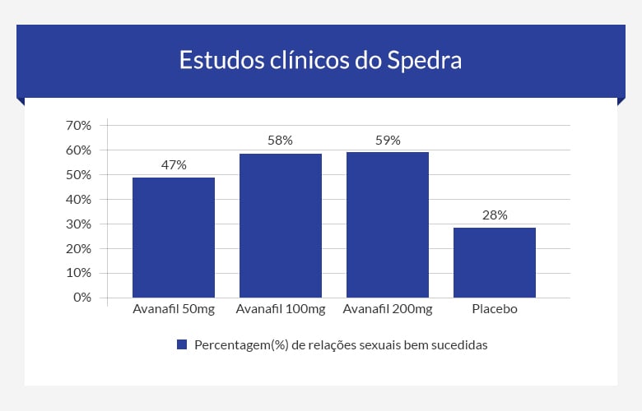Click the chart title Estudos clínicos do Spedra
click(321, 61)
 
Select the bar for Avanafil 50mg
click(174, 238)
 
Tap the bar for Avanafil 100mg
click(281, 225)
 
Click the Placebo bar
click(495, 262)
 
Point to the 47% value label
click(174, 164)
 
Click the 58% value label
click(281, 141)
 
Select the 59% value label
click(388, 140)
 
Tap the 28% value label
click(495, 215)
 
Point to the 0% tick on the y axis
click(81, 298)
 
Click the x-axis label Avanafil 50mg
click(174, 310)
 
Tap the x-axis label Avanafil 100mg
click(281, 310)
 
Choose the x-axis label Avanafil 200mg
click(388, 310)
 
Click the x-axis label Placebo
click(495, 310)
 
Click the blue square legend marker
click(183, 344)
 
